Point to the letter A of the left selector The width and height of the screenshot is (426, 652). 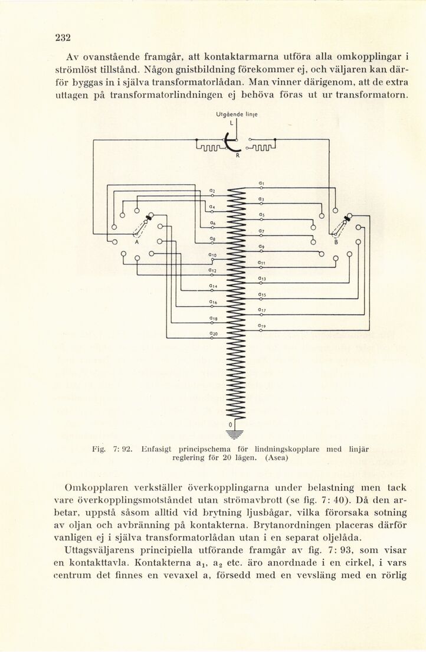click(x=136, y=242)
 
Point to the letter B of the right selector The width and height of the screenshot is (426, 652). click(x=336, y=241)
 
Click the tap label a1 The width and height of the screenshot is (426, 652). click(x=261, y=183)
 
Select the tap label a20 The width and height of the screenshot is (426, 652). click(x=207, y=333)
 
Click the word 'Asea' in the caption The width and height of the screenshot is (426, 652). click(x=274, y=458)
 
